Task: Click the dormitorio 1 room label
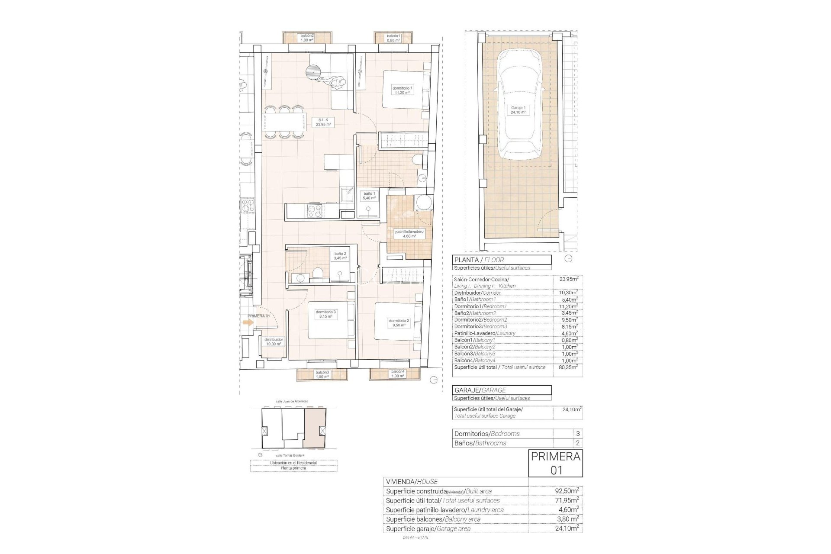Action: [403, 90]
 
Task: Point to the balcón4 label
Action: [398, 374]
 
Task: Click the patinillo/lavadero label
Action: [409, 234]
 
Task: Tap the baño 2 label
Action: [340, 256]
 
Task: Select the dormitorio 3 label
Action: [326, 314]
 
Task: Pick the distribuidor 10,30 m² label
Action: [274, 342]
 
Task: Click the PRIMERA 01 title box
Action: [555, 463]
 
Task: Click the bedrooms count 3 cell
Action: [577, 434]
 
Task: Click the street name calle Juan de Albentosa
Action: [294, 402]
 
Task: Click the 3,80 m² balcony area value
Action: [567, 519]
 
